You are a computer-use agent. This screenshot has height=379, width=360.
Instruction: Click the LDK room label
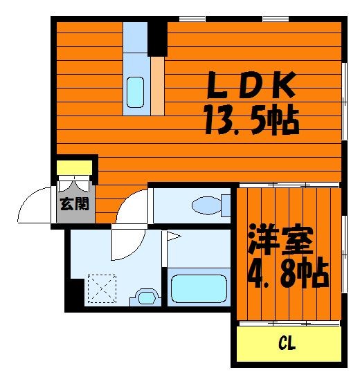pyautogui.click(x=251, y=84)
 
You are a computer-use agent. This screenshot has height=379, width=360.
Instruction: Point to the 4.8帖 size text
pyautogui.click(x=288, y=272)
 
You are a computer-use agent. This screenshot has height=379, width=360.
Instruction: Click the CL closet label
pyautogui.click(x=287, y=343)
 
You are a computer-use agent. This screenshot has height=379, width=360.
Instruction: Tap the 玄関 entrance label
pyautogui.click(x=75, y=204)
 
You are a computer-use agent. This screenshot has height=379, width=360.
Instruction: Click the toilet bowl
pyautogui.click(x=206, y=205)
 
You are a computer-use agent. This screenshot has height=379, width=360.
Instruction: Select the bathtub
pyautogui.click(x=199, y=288)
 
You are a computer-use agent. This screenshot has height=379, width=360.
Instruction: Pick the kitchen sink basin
pyautogui.click(x=135, y=93)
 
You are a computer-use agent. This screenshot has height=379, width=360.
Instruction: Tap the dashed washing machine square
pyautogui.click(x=102, y=288)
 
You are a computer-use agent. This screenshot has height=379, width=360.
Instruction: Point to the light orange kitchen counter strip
pyautogui.click(x=158, y=86)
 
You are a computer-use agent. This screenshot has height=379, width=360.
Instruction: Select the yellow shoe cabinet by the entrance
pyautogui.click(x=75, y=167)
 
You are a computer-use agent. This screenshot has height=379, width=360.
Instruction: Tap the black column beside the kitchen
pyautogui.click(x=157, y=39)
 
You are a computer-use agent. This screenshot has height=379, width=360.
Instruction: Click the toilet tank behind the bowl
pyautogui.click(x=226, y=205)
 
